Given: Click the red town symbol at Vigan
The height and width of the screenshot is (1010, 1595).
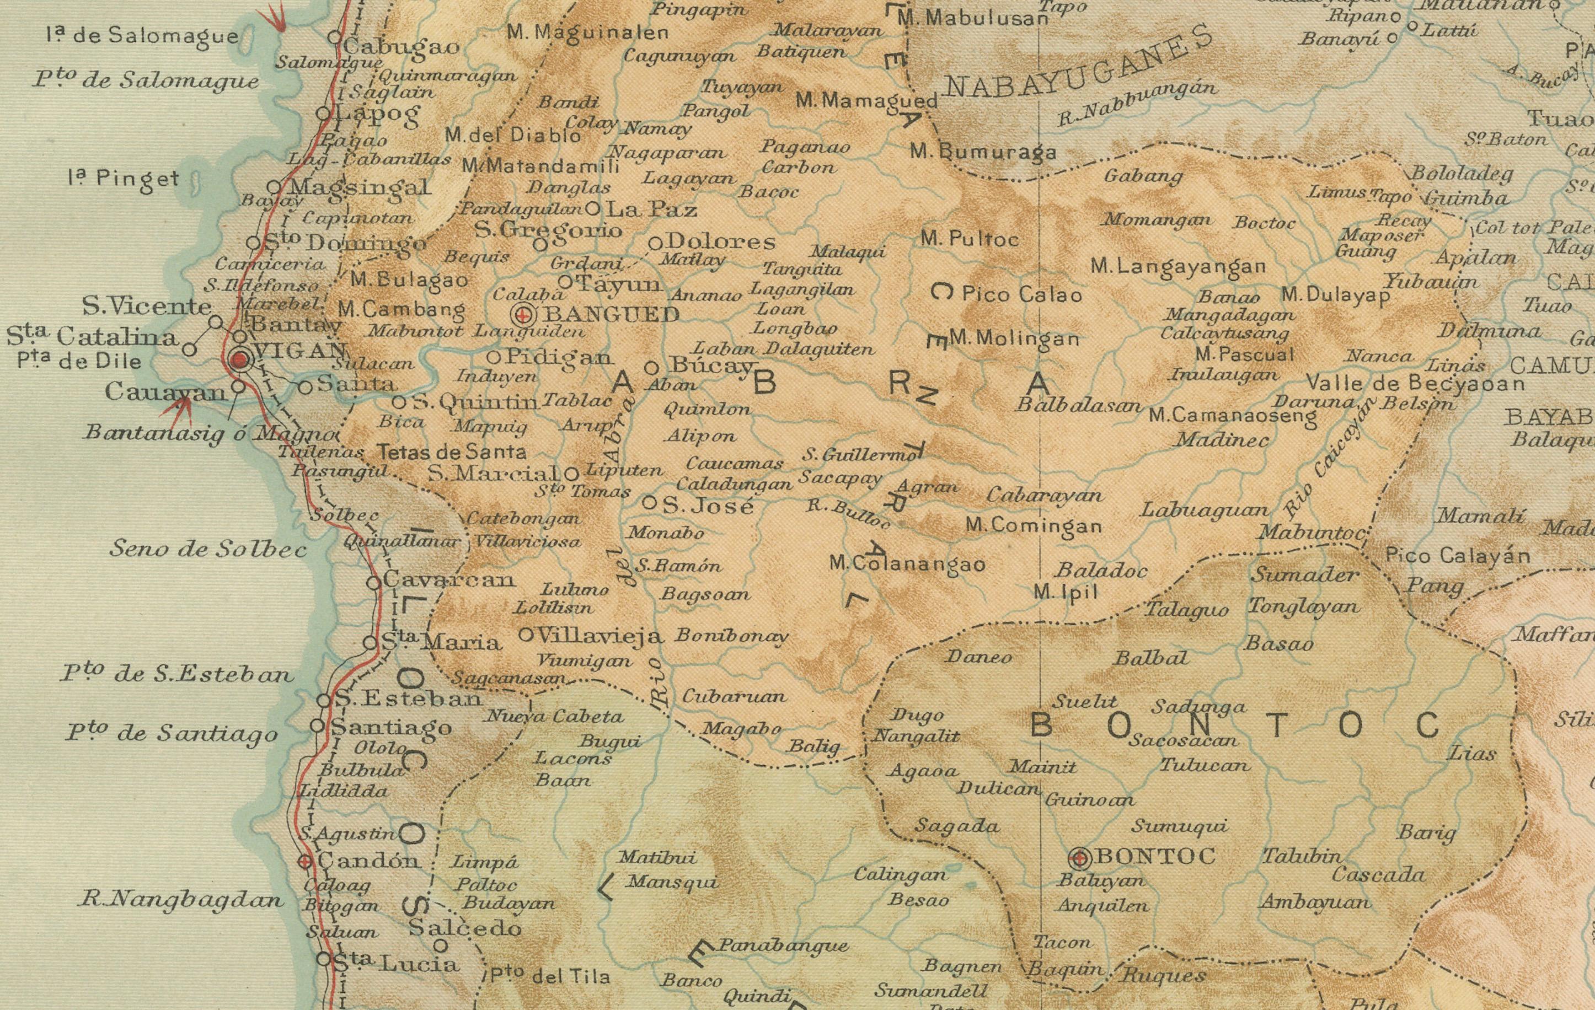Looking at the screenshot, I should point(240,361).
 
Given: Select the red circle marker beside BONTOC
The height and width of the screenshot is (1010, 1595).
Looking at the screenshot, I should point(1080,858).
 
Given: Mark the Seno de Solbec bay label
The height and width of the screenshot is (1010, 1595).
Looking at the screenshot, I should point(208,549).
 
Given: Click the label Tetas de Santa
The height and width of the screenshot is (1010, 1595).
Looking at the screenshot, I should point(452,452).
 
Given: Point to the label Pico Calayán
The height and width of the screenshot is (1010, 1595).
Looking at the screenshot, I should point(1457,555).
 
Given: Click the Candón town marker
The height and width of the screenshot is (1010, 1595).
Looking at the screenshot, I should point(304,862).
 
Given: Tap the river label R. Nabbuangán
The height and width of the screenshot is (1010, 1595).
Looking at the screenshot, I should point(1137,103).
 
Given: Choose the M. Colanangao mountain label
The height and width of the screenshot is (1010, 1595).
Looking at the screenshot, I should point(907,565).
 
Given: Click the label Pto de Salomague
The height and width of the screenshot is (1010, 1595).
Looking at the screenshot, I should point(146,79).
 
